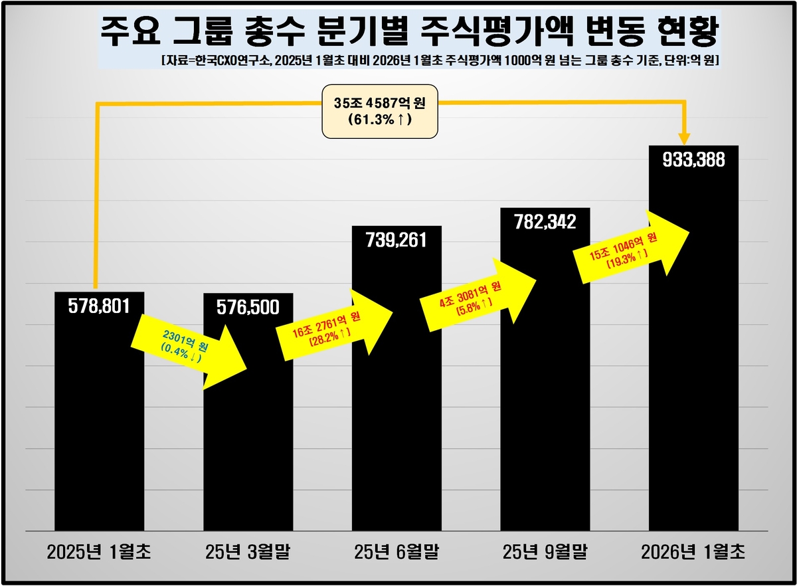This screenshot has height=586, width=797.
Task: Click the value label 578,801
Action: point(99,306)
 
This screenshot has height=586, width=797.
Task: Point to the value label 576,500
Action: point(248,308)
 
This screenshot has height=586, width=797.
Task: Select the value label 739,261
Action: point(397,241)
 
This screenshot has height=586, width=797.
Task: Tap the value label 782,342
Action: point(545,222)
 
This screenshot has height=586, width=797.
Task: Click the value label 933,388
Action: point(693,160)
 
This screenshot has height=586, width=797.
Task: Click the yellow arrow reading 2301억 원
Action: point(189,349)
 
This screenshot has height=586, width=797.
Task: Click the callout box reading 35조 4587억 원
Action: point(380,110)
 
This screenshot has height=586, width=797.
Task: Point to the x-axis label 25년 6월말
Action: point(397,551)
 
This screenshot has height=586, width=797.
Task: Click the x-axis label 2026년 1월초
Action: point(693,551)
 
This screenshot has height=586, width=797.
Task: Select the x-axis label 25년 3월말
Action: point(248,551)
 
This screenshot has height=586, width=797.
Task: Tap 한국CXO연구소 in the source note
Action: point(222,60)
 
